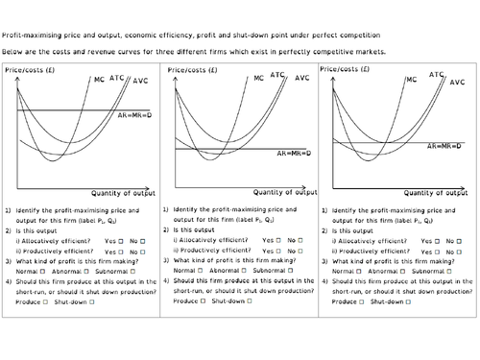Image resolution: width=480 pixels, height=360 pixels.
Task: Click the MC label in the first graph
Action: point(101,80)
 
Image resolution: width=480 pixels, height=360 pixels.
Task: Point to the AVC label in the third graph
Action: point(457,83)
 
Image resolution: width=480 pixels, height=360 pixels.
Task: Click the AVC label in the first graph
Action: point(143,82)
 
